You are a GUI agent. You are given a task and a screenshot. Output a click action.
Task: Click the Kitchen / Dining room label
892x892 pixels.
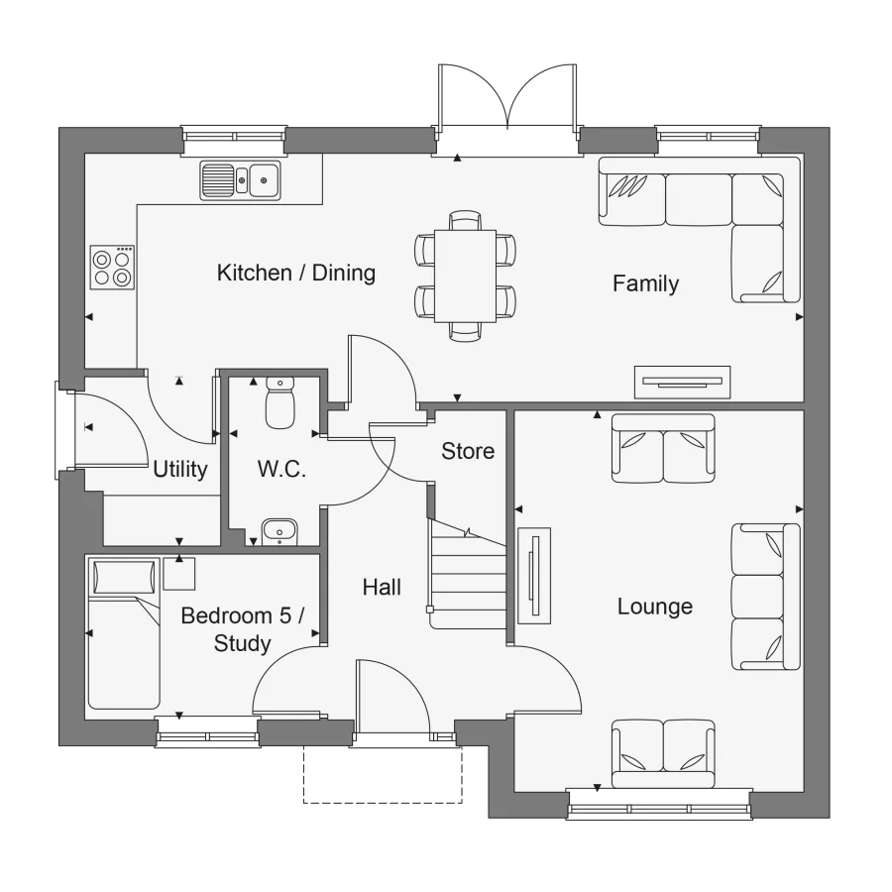click(x=295, y=273)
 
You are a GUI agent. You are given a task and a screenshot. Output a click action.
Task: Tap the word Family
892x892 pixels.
click(x=645, y=283)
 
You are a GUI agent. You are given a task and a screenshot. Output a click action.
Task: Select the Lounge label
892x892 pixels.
click(x=654, y=606)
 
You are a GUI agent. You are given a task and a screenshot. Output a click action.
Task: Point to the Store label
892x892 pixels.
click(x=468, y=451)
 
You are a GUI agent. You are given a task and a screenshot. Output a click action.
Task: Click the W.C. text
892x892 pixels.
click(x=281, y=469)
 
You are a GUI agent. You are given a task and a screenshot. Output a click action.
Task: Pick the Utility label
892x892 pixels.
click(x=180, y=469)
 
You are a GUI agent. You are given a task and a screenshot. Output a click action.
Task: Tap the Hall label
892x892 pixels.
click(x=382, y=588)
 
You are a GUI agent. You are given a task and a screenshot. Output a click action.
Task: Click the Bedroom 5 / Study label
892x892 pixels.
click(x=242, y=629)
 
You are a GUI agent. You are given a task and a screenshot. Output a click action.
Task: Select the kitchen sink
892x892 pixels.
click(x=240, y=180)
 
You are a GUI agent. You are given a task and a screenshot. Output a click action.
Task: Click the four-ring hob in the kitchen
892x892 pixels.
click(x=111, y=267)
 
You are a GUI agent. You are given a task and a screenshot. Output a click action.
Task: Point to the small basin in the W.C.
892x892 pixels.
click(x=280, y=531)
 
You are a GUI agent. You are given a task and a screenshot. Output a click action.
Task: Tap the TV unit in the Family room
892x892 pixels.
click(x=682, y=382)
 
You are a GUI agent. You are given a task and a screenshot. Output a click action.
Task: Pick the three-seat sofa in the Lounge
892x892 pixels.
click(x=765, y=597)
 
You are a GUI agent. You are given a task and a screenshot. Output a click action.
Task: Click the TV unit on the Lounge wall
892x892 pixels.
click(x=534, y=575)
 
